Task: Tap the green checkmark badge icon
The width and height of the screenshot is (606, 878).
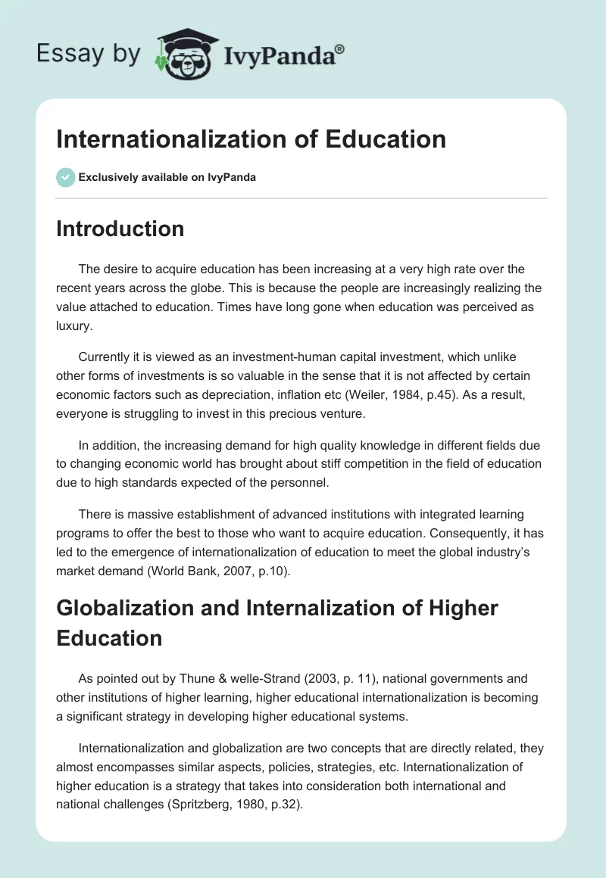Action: tap(65, 177)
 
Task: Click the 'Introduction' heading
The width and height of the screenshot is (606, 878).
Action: tap(120, 229)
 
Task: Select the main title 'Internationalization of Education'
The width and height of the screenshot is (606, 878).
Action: tap(251, 139)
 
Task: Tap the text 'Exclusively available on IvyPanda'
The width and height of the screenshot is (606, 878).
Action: tap(167, 177)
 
